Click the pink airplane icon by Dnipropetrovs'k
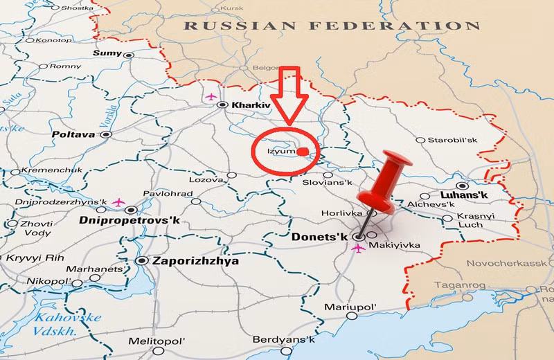[117, 202]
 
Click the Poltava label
[72, 134]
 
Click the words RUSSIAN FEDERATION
[332, 26]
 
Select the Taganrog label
[458, 285]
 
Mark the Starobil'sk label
[452, 140]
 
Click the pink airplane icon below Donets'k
[358, 248]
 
